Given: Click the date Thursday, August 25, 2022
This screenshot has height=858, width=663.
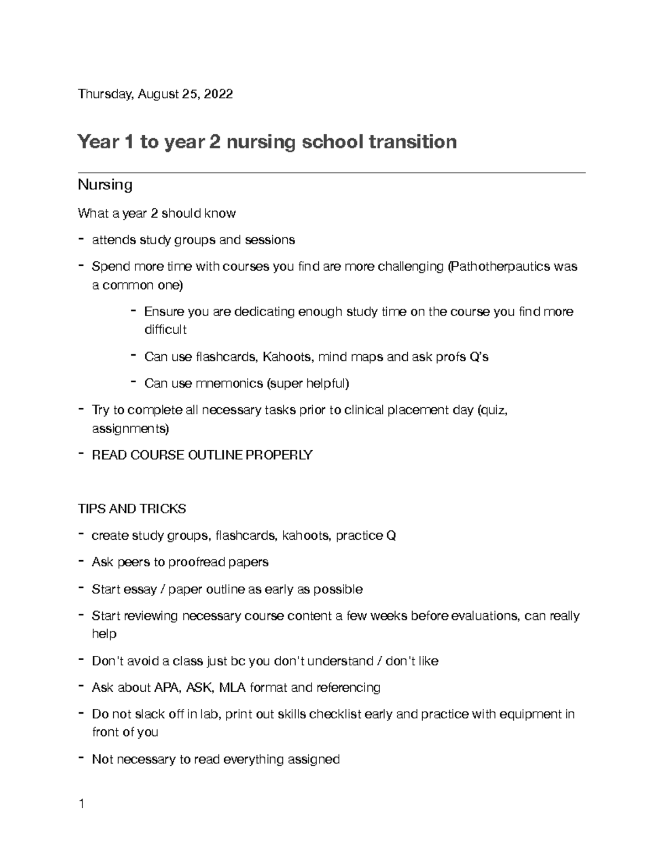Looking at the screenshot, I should [x=155, y=94].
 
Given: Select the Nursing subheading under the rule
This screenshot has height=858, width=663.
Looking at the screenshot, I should [x=105, y=185].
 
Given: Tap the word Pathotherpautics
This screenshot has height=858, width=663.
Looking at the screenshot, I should [x=499, y=267].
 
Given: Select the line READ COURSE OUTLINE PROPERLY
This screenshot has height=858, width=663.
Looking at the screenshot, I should [x=202, y=455].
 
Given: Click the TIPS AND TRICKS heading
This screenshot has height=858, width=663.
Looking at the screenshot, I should [x=132, y=509].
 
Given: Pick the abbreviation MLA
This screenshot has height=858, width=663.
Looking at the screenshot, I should [x=232, y=688].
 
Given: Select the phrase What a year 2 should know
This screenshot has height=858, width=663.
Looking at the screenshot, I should [x=157, y=213].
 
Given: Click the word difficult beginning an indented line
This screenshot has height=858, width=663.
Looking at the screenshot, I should [x=165, y=330].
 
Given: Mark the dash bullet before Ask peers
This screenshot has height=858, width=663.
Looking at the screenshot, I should [x=81, y=561].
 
